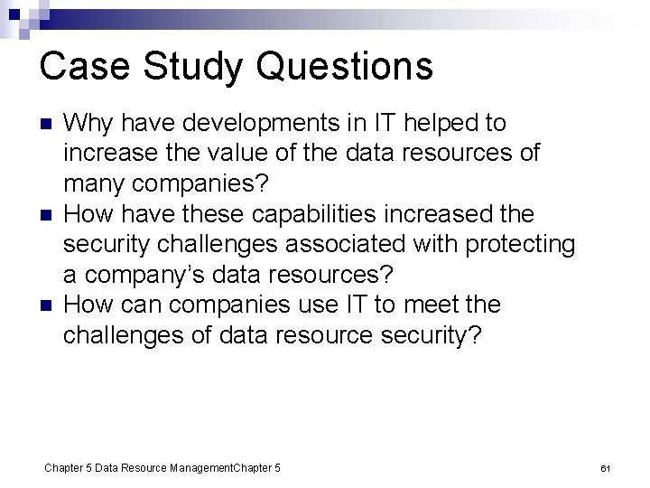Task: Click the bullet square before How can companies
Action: [47, 307]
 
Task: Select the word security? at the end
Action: [427, 336]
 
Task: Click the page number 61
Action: [606, 468]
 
